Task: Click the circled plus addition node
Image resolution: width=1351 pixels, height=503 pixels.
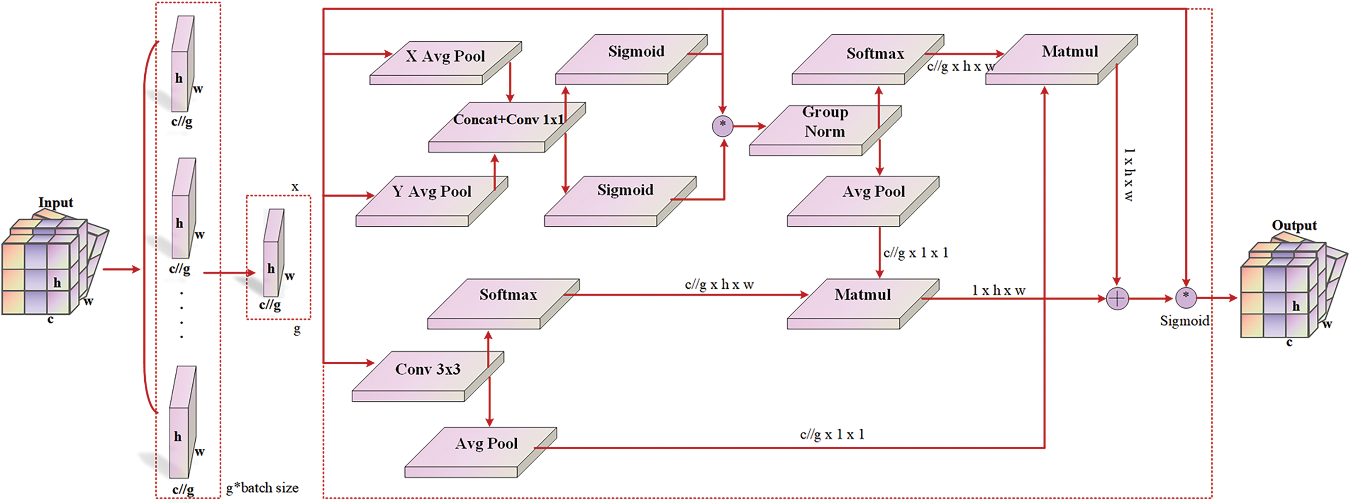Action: (1117, 299)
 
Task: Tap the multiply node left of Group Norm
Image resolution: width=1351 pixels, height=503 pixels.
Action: (722, 126)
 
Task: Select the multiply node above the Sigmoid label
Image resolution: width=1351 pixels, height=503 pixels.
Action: (1186, 298)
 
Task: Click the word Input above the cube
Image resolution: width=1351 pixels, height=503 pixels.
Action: (56, 202)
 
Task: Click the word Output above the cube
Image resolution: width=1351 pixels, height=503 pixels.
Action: (1294, 225)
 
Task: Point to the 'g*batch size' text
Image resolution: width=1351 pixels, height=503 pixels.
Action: (262, 488)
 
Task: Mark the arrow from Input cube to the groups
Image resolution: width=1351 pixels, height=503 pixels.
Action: (121, 269)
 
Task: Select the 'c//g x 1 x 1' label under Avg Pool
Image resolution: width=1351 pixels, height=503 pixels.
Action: (916, 253)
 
